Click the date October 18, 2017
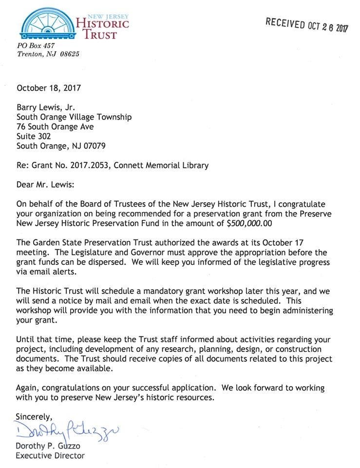click(49, 88)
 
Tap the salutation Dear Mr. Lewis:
click(46, 185)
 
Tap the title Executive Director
click(50, 456)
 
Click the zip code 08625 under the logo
click(69, 54)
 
